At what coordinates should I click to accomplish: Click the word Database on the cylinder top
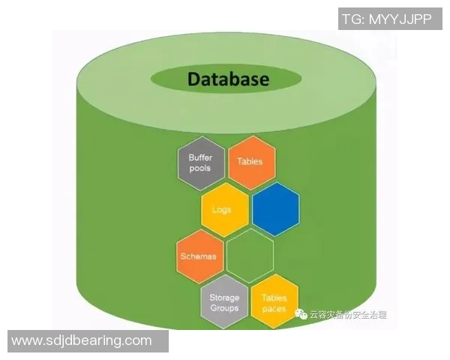[x=228, y=79]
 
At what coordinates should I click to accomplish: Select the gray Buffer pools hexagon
[x=201, y=163]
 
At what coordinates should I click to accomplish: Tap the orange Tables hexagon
[x=250, y=162]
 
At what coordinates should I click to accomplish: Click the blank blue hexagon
[x=275, y=209]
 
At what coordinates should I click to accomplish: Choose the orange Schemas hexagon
[x=199, y=256]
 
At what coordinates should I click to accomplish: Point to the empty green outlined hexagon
[x=250, y=256]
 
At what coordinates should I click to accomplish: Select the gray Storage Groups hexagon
[x=224, y=303]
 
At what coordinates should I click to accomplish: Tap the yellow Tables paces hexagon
[x=274, y=303]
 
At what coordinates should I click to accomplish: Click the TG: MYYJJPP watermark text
[x=385, y=19]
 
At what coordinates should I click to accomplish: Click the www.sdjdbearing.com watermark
[x=82, y=341]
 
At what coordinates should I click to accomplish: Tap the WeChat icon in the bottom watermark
[x=301, y=315]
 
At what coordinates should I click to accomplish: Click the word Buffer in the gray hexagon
[x=201, y=157]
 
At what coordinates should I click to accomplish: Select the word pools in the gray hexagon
[x=200, y=168]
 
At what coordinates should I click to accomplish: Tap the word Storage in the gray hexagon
[x=224, y=298]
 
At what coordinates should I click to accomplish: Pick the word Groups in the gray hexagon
[x=224, y=308]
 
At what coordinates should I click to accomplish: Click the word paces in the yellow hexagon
[x=274, y=308]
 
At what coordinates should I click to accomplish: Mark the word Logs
[x=223, y=210]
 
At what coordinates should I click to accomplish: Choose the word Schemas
[x=199, y=256]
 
